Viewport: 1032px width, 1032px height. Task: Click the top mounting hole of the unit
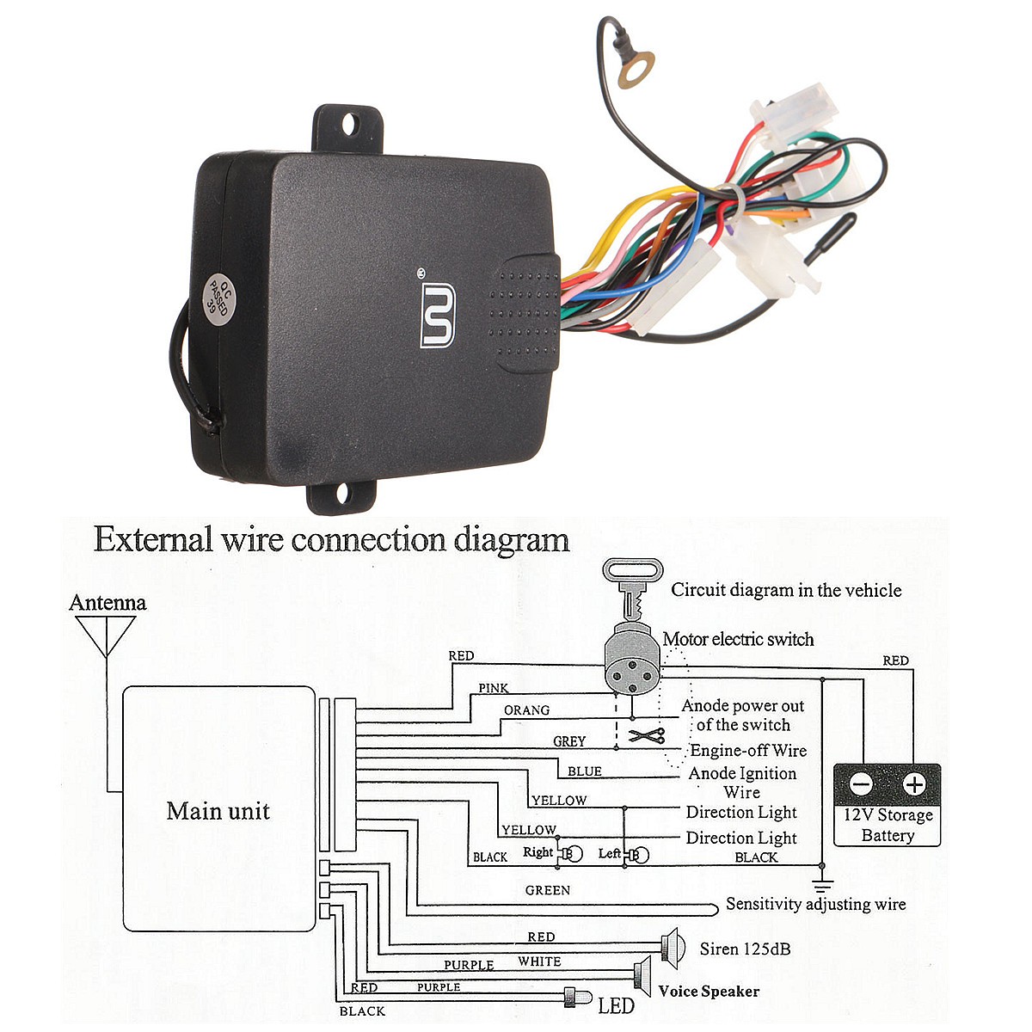click(x=348, y=126)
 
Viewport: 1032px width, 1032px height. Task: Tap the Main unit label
click(x=218, y=811)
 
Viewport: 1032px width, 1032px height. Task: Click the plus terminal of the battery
click(x=913, y=784)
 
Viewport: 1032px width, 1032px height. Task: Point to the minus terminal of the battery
click(x=861, y=784)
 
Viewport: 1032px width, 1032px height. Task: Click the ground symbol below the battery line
click(x=823, y=885)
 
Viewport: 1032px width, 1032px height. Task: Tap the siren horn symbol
click(x=672, y=946)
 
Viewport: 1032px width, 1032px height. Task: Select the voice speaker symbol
click(x=642, y=974)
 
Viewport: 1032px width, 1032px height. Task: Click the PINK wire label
click(x=494, y=688)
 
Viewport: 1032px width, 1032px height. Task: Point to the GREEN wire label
click(x=547, y=890)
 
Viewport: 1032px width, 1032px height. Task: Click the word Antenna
click(x=107, y=603)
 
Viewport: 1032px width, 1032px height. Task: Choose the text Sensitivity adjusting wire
click(x=815, y=904)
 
